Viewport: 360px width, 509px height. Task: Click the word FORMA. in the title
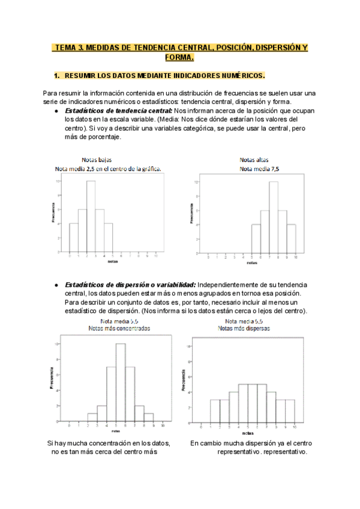[179, 58]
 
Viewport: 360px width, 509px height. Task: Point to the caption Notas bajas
[97, 160]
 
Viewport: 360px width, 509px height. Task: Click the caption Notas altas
[254, 160]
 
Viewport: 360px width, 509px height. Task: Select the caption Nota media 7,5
[259, 169]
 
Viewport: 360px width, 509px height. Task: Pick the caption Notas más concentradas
[119, 329]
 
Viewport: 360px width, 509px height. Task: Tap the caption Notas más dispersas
[244, 329]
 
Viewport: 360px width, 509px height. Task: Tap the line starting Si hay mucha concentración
[109, 444]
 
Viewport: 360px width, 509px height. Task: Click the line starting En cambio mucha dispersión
[250, 444]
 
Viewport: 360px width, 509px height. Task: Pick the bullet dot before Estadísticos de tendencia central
[56, 112]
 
